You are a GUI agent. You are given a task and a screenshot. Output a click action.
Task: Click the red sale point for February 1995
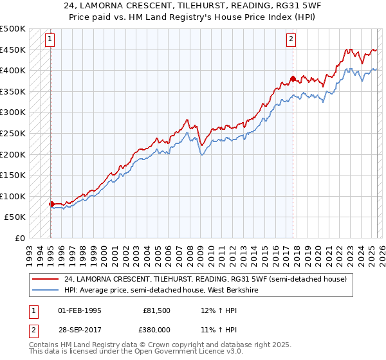[x=51, y=204]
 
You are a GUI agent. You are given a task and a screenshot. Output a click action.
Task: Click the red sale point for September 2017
[x=293, y=79]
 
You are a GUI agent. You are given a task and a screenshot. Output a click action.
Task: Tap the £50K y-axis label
[x=15, y=217]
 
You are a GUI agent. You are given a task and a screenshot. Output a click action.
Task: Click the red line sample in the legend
[x=45, y=279]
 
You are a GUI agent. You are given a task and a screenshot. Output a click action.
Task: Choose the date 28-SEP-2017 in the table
[x=80, y=329]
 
